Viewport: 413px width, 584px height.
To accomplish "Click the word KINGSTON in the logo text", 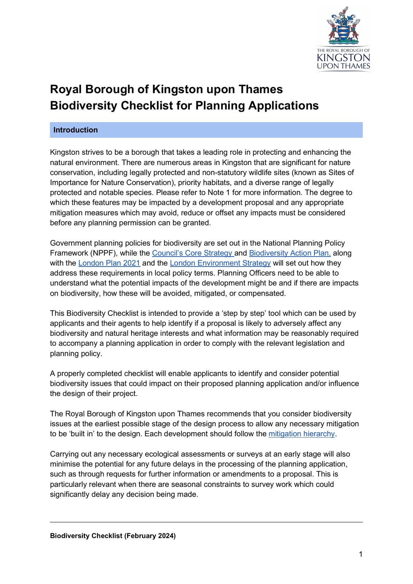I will point(343,58).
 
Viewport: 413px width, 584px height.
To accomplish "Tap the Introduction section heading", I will point(76,130).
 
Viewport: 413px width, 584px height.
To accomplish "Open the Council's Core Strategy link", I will point(192,253).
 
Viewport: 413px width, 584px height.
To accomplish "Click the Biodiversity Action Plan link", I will point(290,253).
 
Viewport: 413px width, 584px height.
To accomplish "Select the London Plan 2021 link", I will point(109,263).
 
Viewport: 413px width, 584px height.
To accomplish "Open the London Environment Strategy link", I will point(220,263).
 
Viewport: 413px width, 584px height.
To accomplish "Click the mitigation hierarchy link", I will point(302,434).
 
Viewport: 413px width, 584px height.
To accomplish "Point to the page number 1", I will point(361,554).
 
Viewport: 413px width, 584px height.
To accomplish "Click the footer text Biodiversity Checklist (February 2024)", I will point(113,536).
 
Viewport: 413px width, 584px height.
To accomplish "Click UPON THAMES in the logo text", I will point(343,66).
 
